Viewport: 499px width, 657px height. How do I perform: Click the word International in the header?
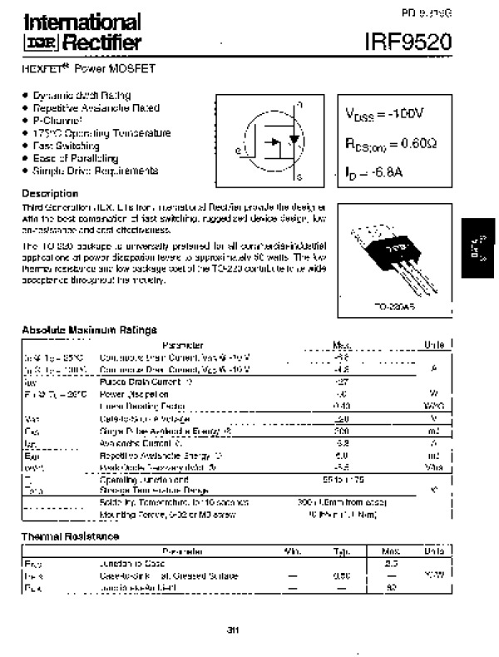point(80,22)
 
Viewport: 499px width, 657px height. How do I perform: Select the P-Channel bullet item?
point(58,120)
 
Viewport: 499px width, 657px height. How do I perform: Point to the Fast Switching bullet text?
point(68,145)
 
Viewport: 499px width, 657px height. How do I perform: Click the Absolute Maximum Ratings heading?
point(89,331)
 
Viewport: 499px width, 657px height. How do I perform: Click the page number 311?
point(232,629)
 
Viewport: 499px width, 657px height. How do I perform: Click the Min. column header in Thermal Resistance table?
point(293,551)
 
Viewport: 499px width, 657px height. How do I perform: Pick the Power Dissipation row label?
point(127,394)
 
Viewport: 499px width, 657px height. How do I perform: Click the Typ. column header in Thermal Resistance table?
point(341,551)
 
